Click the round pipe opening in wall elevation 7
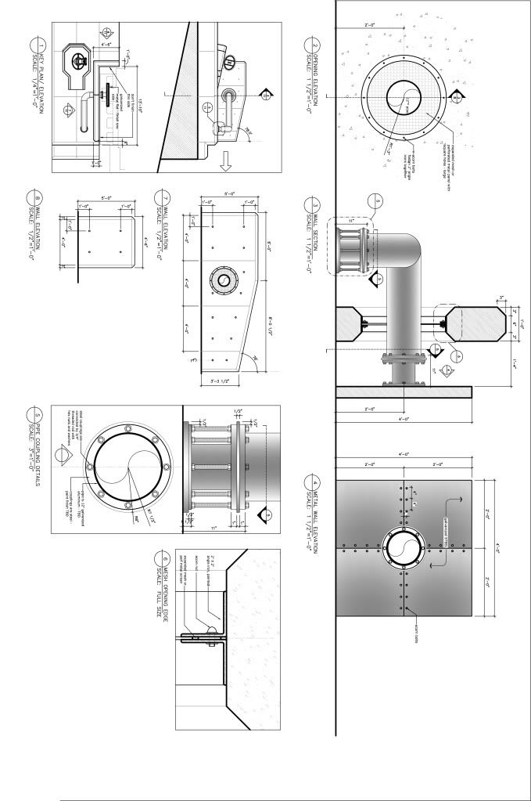coord(224,280)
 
